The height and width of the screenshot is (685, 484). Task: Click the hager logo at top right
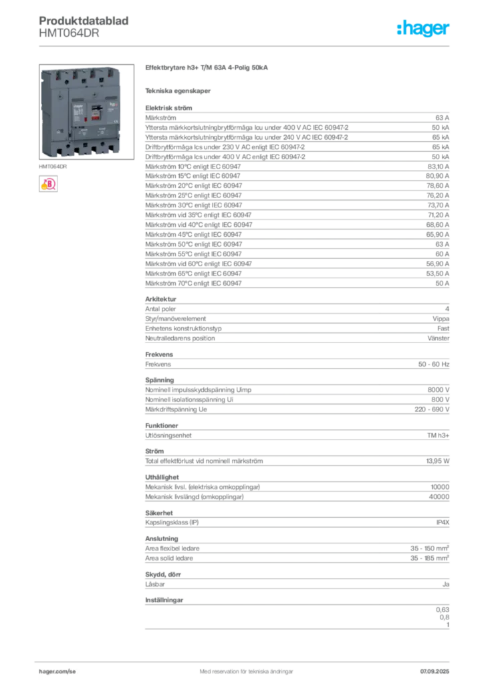point(422,28)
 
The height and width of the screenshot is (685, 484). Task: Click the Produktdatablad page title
point(84,21)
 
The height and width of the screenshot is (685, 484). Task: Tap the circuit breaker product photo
point(86,112)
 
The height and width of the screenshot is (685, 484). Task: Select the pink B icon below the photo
point(48,184)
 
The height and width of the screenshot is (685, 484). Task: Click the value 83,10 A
point(438,167)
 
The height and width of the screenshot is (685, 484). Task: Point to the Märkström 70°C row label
point(193,283)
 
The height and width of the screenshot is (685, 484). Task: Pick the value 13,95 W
point(437,461)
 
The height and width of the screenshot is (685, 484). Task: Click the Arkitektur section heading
point(160,299)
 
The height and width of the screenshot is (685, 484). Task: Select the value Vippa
point(441,318)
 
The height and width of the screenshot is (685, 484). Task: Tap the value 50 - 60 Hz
point(433,364)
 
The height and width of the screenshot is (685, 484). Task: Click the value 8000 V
point(438,390)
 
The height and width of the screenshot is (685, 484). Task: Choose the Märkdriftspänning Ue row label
point(176,409)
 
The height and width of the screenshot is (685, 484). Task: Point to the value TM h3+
point(438,435)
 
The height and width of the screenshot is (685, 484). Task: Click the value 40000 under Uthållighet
point(439,497)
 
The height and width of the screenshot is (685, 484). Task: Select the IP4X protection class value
point(443,522)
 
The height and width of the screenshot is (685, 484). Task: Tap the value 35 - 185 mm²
point(429,558)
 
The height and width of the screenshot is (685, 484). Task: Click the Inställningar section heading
point(164,600)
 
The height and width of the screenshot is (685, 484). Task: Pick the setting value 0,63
point(442,609)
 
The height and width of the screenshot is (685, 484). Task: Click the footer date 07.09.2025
point(435,671)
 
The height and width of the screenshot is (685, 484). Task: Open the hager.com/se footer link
point(57,671)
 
